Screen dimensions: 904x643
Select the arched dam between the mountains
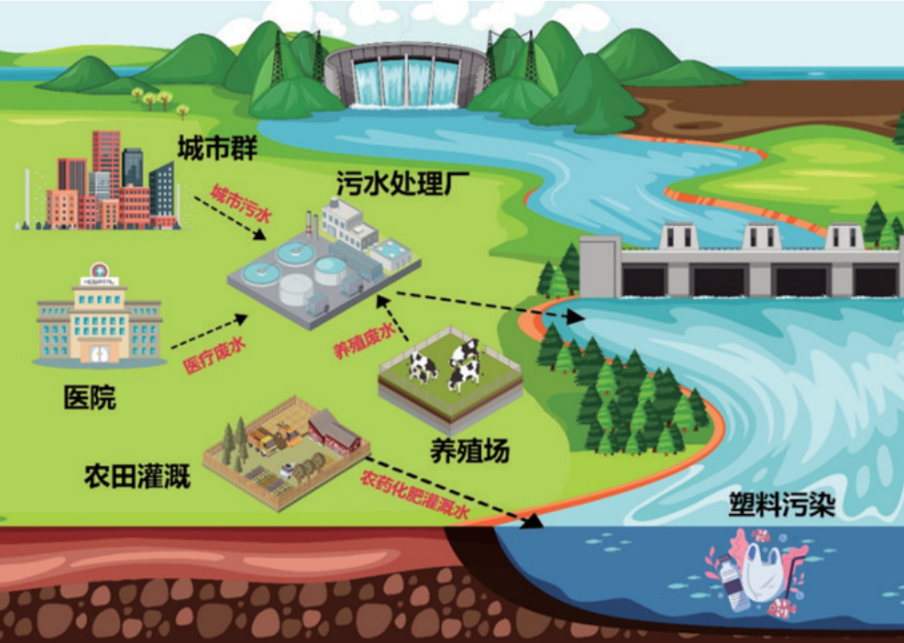405,76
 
